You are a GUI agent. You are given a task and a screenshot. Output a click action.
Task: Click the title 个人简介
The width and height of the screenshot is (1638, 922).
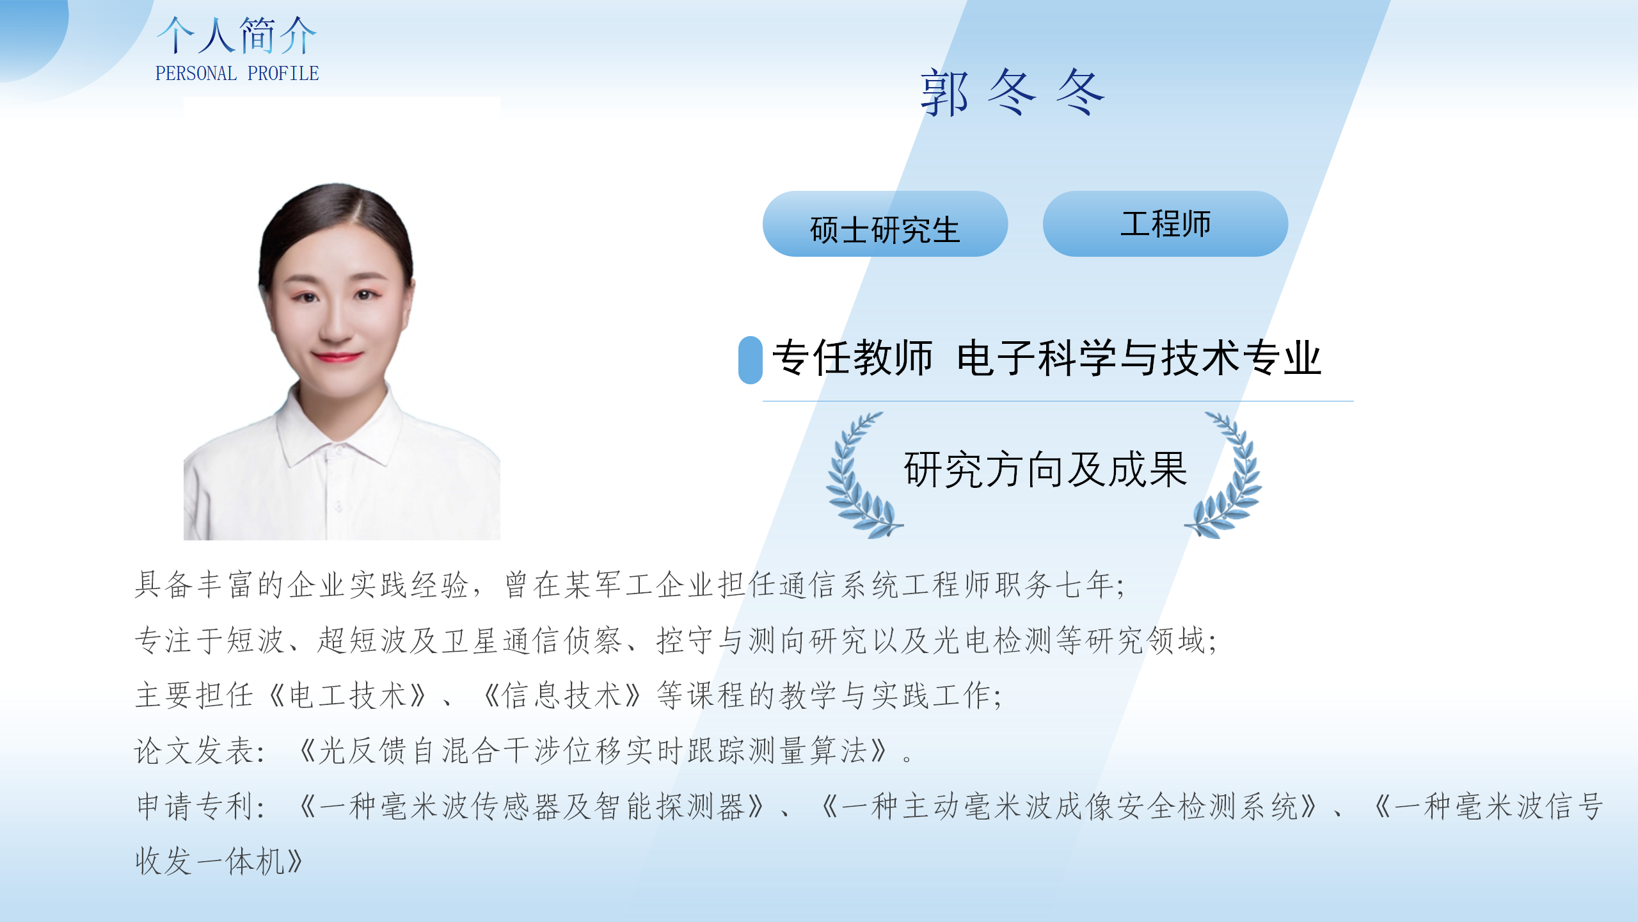pos(237,36)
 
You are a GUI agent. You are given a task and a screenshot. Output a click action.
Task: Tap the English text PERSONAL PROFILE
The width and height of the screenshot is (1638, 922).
pos(237,74)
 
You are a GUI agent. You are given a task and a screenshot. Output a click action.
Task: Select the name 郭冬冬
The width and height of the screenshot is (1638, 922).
pos(1013,93)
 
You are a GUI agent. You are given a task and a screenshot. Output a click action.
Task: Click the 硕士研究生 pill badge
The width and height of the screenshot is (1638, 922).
pos(885,224)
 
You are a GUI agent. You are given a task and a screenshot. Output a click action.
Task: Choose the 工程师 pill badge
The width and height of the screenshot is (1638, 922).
pos(1165,224)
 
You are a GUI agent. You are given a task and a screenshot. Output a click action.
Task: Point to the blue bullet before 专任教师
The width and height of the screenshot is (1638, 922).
pos(750,360)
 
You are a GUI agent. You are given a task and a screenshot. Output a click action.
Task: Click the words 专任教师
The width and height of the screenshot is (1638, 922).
pos(852,358)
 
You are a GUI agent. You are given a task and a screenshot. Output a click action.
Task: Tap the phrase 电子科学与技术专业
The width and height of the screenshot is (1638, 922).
pos(1139,358)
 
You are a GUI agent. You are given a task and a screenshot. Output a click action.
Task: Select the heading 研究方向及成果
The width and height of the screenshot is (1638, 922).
pos(1046,470)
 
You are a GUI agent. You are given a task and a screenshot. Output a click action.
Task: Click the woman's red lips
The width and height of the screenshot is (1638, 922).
pos(337,357)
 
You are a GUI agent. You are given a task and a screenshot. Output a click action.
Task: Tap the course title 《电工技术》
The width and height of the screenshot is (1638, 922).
pos(347,696)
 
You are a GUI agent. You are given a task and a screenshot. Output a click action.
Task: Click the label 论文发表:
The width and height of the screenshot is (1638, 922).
pos(199,751)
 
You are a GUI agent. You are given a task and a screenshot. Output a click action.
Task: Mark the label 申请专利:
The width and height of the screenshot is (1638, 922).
pos(200,807)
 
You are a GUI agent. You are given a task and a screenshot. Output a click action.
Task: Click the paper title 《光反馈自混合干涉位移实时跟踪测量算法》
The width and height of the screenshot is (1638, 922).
pos(593,751)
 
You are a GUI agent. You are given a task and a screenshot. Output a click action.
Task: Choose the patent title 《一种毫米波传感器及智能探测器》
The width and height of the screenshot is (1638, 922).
pos(531,807)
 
